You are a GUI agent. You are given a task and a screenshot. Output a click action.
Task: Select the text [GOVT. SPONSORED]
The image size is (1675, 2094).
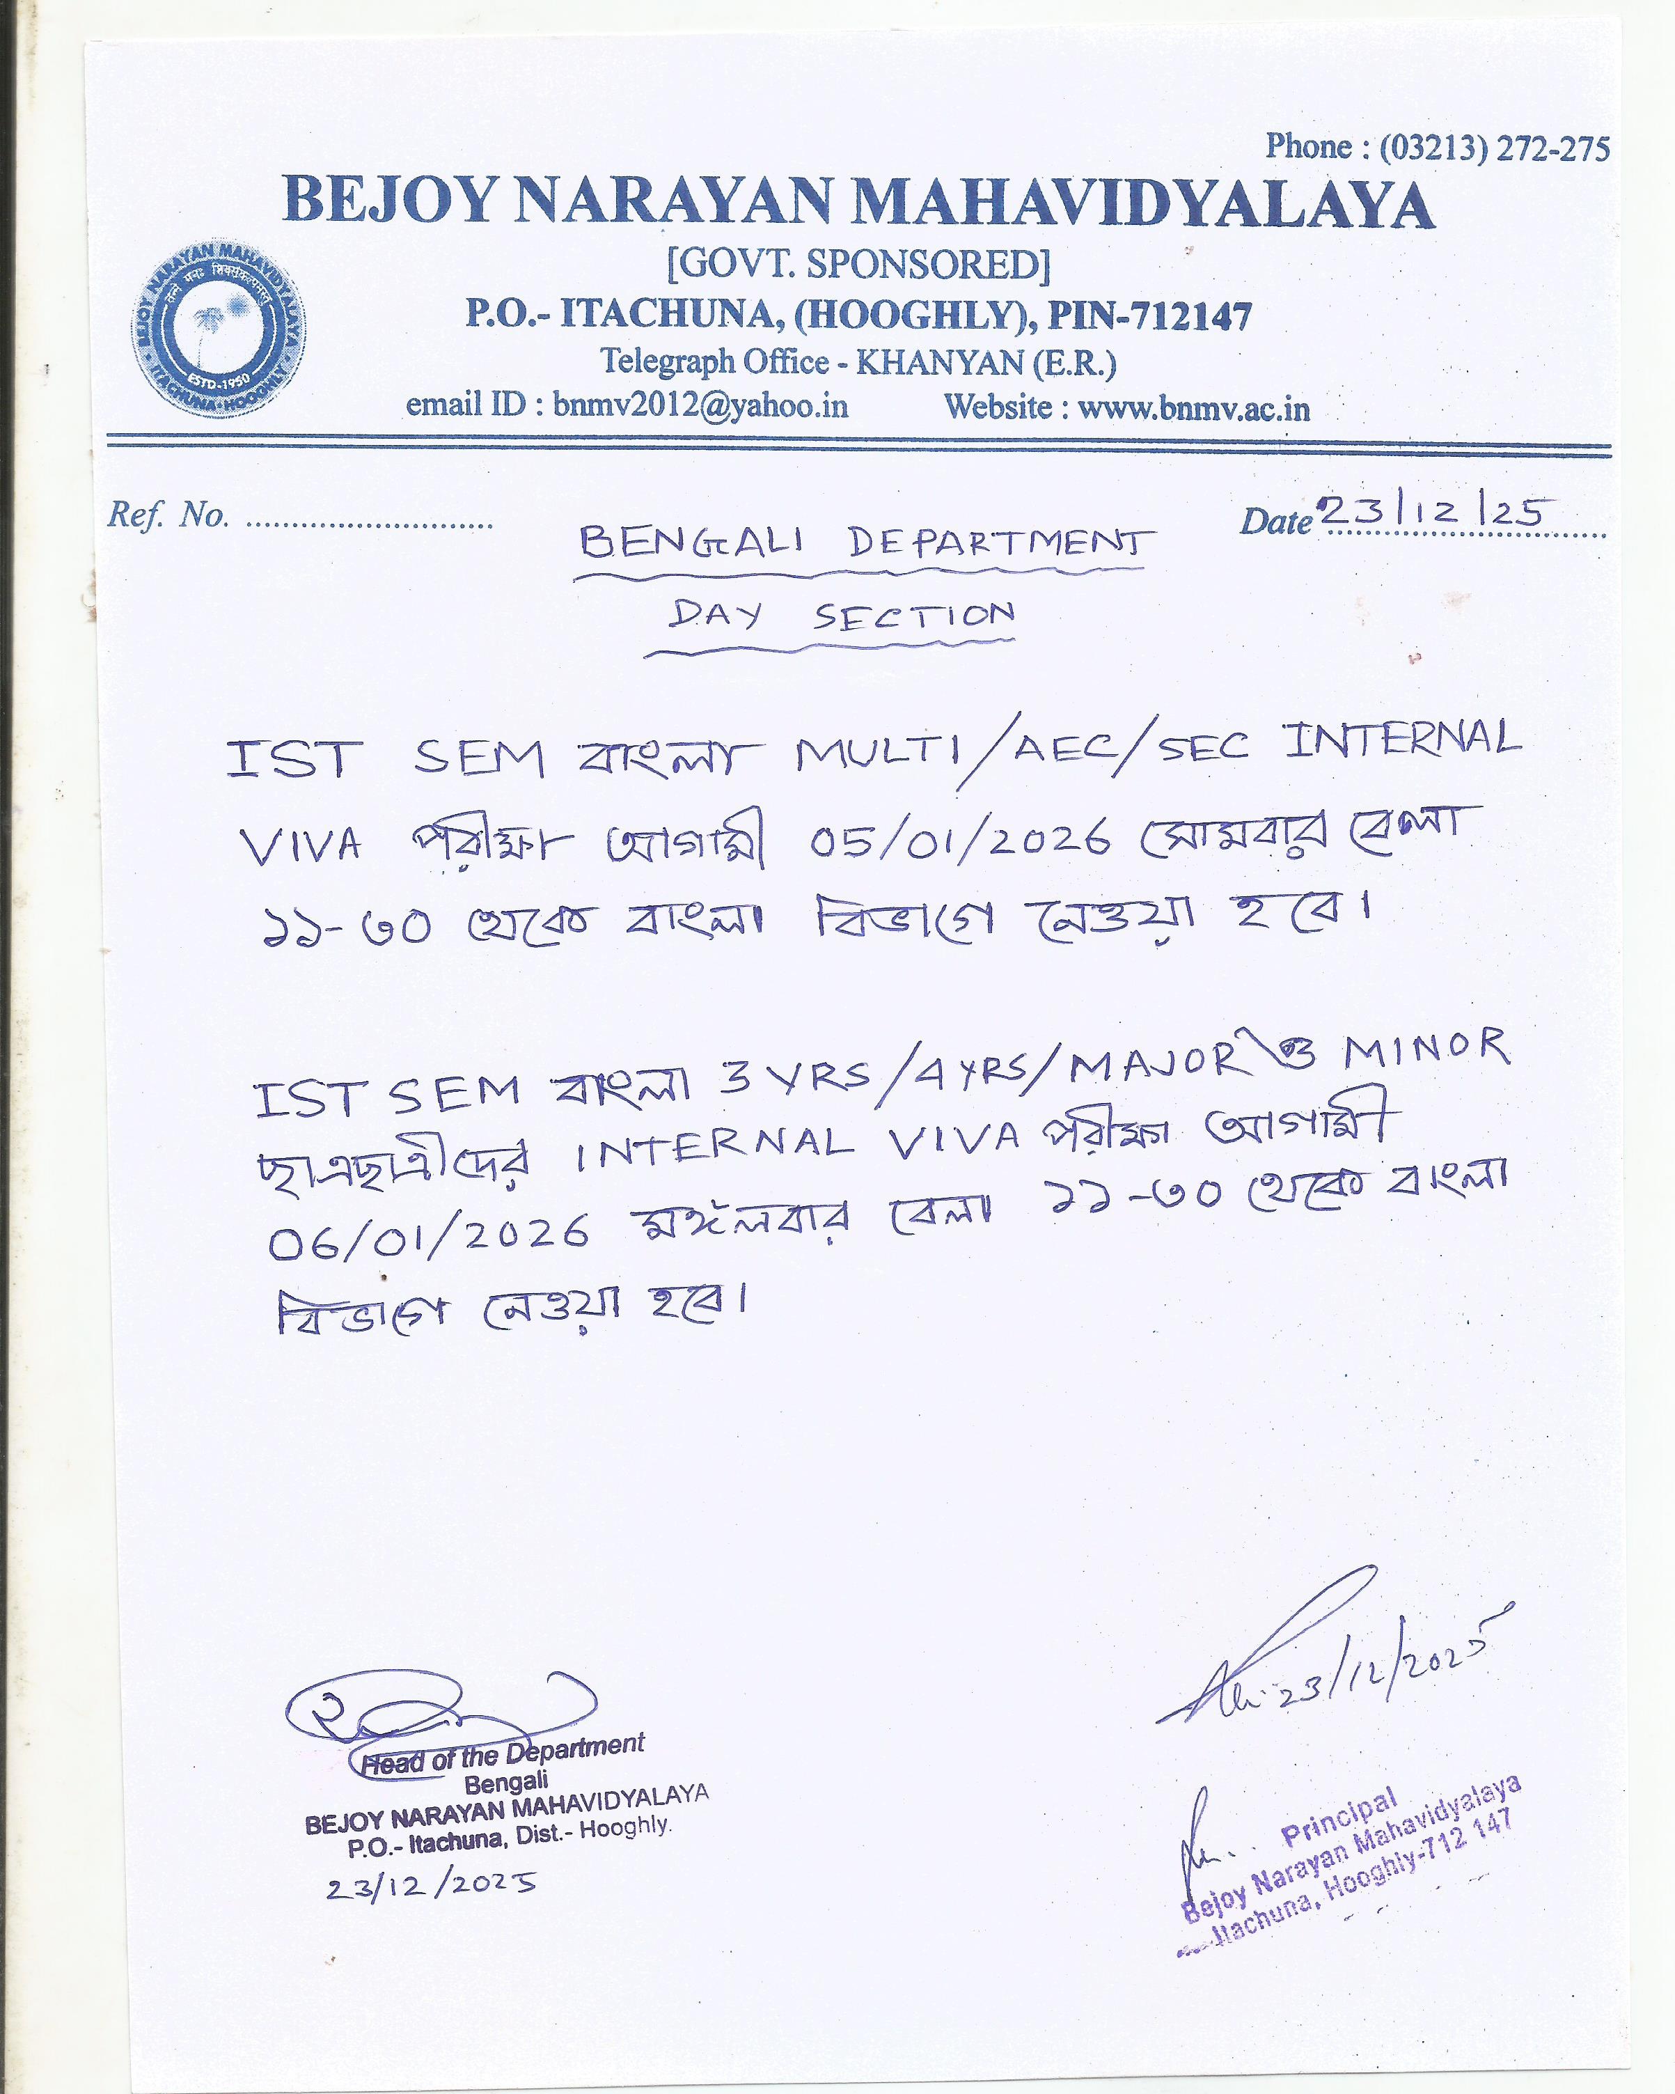tap(858, 264)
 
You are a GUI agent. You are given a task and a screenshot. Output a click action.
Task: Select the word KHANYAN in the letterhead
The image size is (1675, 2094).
tap(939, 362)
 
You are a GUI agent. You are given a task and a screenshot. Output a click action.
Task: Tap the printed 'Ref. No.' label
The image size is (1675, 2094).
tap(168, 515)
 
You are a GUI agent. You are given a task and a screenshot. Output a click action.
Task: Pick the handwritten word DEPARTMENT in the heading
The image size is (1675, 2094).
tap(1000, 543)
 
